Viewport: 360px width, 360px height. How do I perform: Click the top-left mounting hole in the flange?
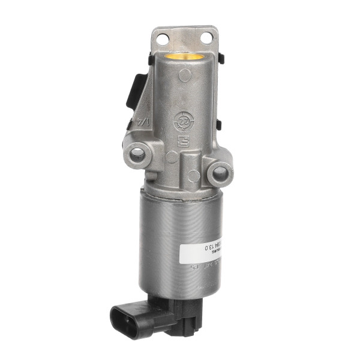click(161, 39)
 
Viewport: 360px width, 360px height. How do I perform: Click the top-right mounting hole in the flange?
click(206, 38)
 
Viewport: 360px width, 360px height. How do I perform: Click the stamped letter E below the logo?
click(187, 143)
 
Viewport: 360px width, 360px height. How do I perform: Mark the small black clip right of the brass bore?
click(221, 58)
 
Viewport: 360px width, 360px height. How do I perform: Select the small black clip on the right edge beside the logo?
click(218, 125)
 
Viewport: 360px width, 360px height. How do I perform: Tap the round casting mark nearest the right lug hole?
click(194, 176)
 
